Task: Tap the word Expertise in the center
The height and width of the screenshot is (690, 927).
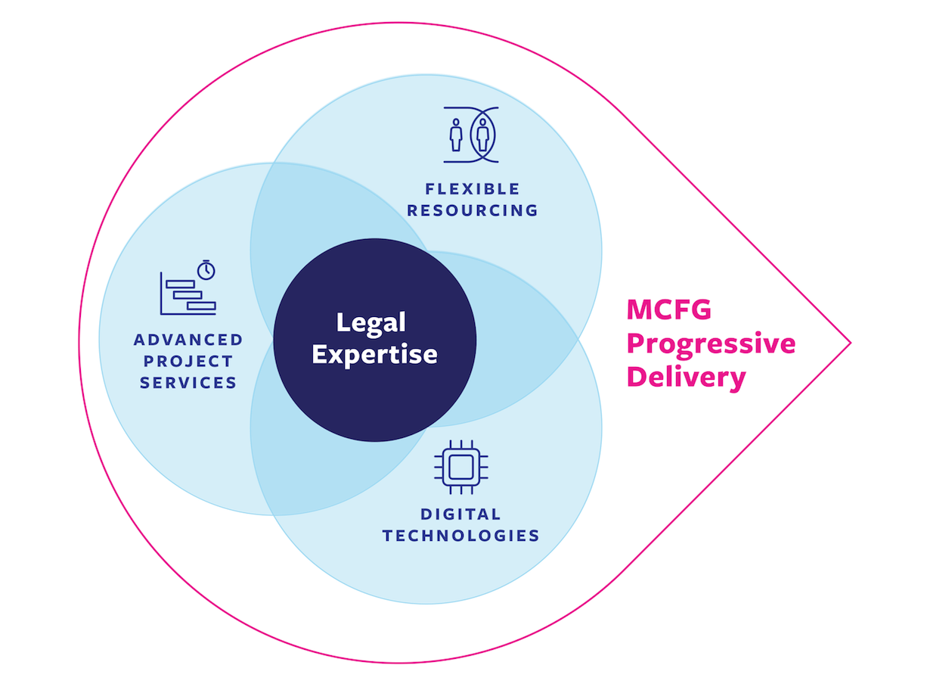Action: [x=374, y=356]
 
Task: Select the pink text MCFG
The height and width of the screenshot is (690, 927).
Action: [x=668, y=309]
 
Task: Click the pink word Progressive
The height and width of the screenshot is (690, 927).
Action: [x=711, y=344]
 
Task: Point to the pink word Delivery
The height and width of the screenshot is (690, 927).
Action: [x=687, y=378]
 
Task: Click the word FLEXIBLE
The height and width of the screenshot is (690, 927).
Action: [x=473, y=189]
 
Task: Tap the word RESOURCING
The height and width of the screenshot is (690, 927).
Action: [x=473, y=210]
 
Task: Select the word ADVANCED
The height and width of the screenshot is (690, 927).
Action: [x=188, y=340]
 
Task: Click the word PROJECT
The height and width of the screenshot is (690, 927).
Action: [x=188, y=361]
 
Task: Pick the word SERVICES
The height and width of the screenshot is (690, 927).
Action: [x=188, y=383]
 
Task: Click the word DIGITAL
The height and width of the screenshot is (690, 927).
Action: [x=460, y=514]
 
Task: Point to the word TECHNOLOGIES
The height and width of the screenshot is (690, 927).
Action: [x=461, y=536]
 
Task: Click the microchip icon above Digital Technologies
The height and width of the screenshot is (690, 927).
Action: [x=461, y=467]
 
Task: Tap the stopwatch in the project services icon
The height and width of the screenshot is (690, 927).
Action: [x=206, y=270]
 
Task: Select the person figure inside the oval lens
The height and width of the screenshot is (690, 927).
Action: [x=482, y=135]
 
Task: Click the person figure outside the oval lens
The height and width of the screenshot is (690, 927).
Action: [x=456, y=135]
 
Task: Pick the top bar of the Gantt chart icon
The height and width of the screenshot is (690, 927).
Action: [x=180, y=284]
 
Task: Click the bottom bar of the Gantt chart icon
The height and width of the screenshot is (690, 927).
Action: [x=201, y=306]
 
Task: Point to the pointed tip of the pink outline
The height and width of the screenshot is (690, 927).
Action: [x=851, y=343]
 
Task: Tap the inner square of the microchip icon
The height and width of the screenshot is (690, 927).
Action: [x=461, y=467]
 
